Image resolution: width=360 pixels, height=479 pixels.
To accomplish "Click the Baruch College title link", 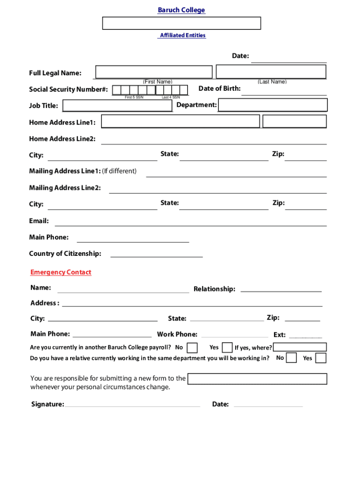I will [x=181, y=10].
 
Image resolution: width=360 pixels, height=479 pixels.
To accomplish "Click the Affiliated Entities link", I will [x=182, y=35].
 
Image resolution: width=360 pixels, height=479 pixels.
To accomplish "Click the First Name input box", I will [x=154, y=72].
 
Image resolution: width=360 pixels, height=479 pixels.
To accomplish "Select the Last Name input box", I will [x=271, y=72].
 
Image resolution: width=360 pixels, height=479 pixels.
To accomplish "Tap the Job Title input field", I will [x=117, y=106].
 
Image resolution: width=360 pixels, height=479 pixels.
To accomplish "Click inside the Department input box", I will [x=273, y=105].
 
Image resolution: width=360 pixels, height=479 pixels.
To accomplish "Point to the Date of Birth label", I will [x=219, y=88].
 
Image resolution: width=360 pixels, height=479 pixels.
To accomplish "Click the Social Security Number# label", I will [x=68, y=89].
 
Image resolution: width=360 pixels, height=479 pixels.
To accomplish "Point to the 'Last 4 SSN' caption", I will [x=171, y=97].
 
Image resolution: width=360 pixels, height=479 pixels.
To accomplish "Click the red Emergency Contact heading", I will [x=61, y=272].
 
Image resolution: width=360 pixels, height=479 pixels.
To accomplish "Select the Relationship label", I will [x=214, y=289].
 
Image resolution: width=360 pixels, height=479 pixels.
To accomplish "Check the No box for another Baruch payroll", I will [x=192, y=348].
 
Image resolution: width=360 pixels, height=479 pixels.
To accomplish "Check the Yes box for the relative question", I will [x=321, y=358].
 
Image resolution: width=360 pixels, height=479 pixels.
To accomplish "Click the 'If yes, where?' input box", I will [x=300, y=347].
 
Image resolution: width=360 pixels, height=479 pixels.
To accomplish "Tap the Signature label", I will [x=47, y=404].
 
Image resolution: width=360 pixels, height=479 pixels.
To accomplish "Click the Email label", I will [x=39, y=221].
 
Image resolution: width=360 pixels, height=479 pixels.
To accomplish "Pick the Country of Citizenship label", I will [x=65, y=254].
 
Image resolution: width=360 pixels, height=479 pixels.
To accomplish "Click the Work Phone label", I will [x=177, y=334].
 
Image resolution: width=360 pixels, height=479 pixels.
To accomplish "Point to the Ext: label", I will [x=280, y=335].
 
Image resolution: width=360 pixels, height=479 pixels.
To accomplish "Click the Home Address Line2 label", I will [x=62, y=139].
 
